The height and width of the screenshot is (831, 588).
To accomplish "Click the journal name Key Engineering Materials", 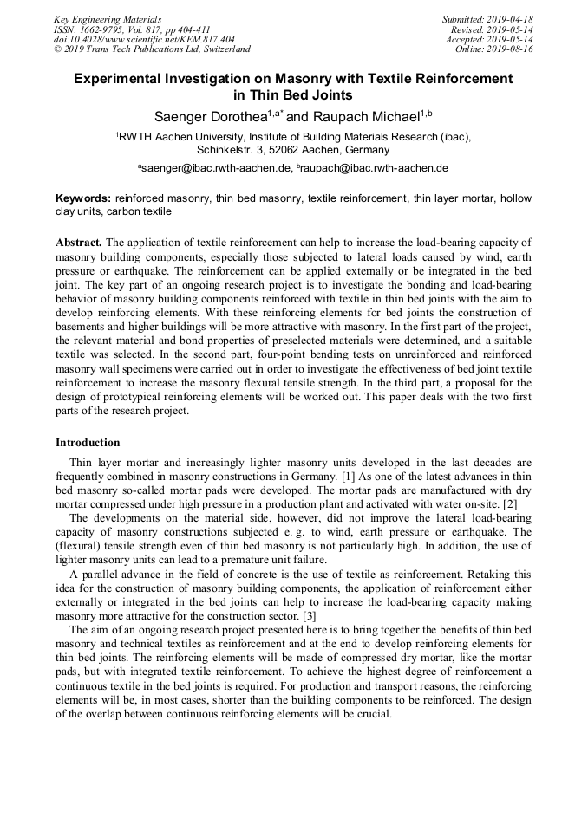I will tap(108, 19).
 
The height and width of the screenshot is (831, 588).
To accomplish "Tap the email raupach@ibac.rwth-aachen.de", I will tap(375, 167).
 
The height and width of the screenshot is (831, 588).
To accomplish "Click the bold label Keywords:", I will tap(83, 198).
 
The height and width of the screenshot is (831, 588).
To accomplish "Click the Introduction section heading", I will tap(88, 443).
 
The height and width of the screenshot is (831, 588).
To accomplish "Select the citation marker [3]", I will tap(310, 615).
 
